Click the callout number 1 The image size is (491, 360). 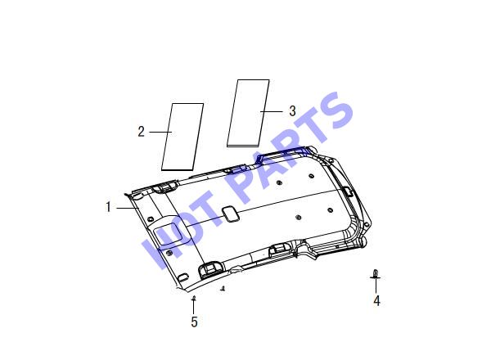click(108, 207)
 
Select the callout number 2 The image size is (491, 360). click(142, 132)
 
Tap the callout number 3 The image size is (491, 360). click(292, 110)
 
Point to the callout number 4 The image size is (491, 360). click(376, 301)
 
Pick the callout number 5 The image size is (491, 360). click(194, 322)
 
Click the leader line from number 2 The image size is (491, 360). click(160, 132)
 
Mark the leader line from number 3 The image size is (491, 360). click(271, 111)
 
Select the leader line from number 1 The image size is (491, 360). click(128, 208)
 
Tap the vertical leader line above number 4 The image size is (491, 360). click(376, 286)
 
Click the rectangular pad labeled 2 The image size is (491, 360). click(182, 137)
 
